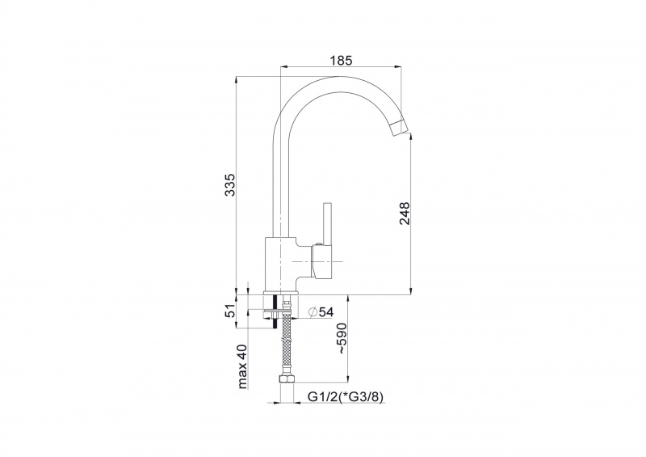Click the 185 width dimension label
[x=341, y=61]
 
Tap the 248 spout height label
[x=405, y=213]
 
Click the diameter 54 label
[x=321, y=311]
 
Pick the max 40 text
[x=242, y=366]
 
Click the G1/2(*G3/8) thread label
[x=346, y=396]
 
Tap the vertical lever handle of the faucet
[x=328, y=224]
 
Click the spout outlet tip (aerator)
[x=401, y=128]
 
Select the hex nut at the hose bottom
[x=287, y=379]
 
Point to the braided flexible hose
[x=287, y=339]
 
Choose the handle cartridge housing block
[x=323, y=262]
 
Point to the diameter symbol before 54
[x=312, y=311]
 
